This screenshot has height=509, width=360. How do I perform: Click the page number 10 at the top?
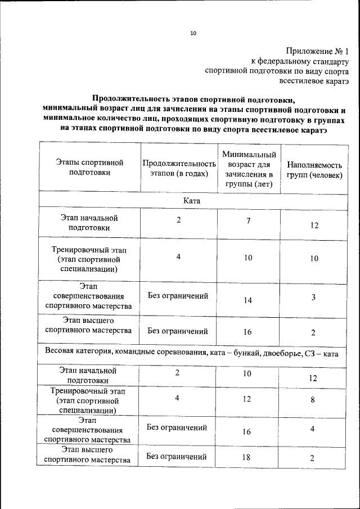(x=193, y=33)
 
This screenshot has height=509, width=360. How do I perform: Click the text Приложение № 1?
(x=318, y=51)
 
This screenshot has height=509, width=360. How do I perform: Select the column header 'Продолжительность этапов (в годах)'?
(x=179, y=168)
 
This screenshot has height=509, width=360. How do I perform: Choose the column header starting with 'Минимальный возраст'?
(x=248, y=168)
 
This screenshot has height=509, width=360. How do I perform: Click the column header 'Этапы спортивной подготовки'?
(x=89, y=168)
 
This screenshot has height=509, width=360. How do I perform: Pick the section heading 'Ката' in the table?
(x=192, y=200)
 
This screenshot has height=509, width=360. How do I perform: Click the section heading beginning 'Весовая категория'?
(x=192, y=354)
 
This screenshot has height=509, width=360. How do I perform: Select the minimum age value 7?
(x=248, y=220)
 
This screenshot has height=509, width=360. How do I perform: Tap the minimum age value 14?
(x=247, y=300)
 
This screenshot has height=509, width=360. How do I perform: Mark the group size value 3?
(x=314, y=297)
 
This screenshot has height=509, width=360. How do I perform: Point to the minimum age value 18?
(x=246, y=457)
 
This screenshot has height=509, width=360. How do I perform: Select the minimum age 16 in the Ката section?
(x=247, y=332)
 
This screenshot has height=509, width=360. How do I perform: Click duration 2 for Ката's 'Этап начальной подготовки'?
(x=178, y=220)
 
